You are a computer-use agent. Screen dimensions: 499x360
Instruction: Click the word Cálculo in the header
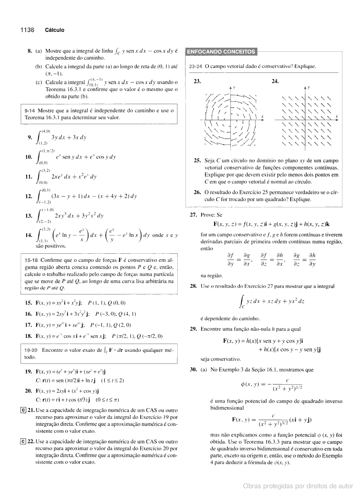pyautogui.click(x=54, y=30)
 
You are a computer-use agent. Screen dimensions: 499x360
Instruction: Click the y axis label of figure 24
pyautogui.click(x=309, y=86)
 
